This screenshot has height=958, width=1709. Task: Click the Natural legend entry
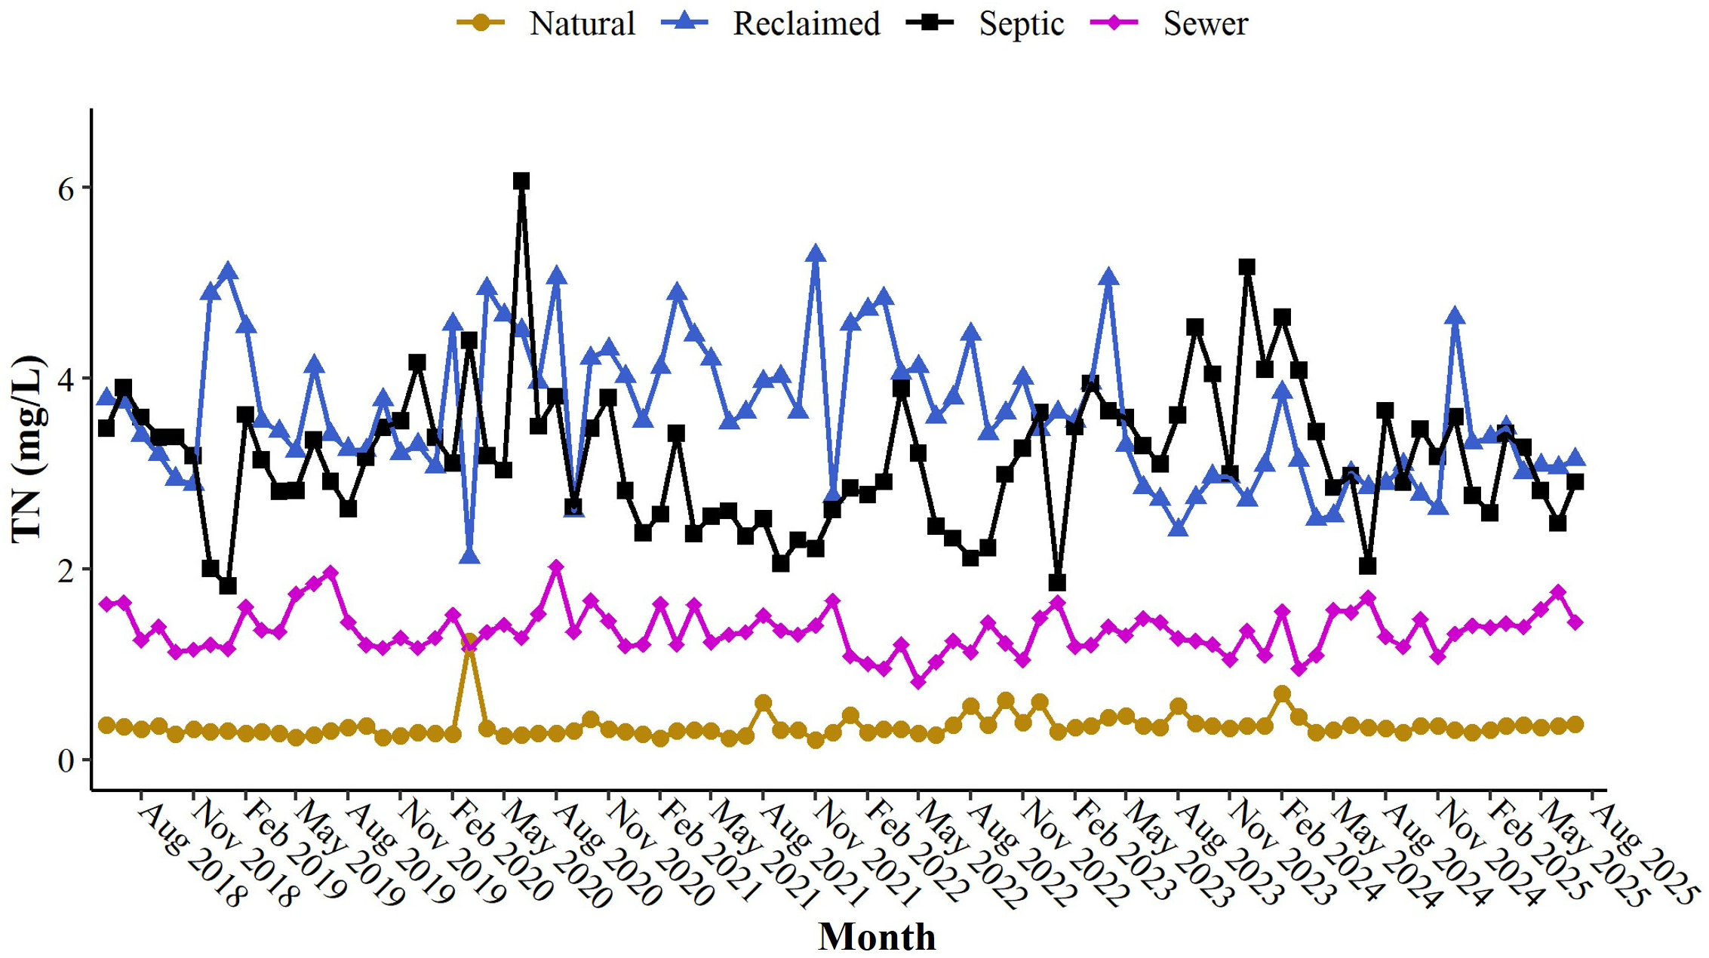546,23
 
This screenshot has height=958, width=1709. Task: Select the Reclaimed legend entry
771,23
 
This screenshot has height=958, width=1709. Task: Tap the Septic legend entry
985,23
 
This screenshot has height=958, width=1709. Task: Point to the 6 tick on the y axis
66,189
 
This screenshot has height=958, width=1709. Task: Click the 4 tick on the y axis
66,379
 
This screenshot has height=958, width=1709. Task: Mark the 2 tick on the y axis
66,570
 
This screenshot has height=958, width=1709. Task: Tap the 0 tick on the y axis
66,760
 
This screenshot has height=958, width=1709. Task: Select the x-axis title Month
877,937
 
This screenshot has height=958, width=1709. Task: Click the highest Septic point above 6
521,181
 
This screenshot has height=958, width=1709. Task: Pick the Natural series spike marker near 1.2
469,642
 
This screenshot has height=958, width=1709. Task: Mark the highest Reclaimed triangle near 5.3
815,254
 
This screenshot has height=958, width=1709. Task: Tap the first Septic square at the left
106,428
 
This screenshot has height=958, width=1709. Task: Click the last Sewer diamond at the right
1575,622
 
